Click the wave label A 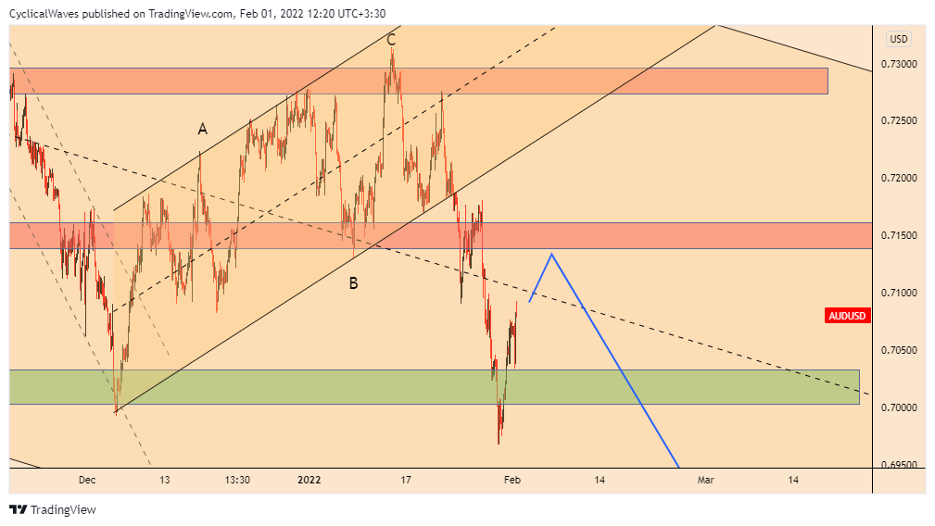point(202,130)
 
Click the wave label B point(353,283)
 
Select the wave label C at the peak point(391,39)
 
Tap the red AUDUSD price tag point(847,316)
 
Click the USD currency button point(899,39)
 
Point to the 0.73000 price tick point(899,64)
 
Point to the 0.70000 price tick point(899,407)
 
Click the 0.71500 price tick point(899,236)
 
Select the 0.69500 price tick point(899,465)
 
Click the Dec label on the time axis point(87,480)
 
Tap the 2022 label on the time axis point(310,480)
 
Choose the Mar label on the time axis point(706,480)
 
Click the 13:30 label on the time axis point(237,480)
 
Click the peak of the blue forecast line point(552,254)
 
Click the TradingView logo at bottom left point(52,509)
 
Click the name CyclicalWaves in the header point(43,14)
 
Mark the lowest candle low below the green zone point(499,444)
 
